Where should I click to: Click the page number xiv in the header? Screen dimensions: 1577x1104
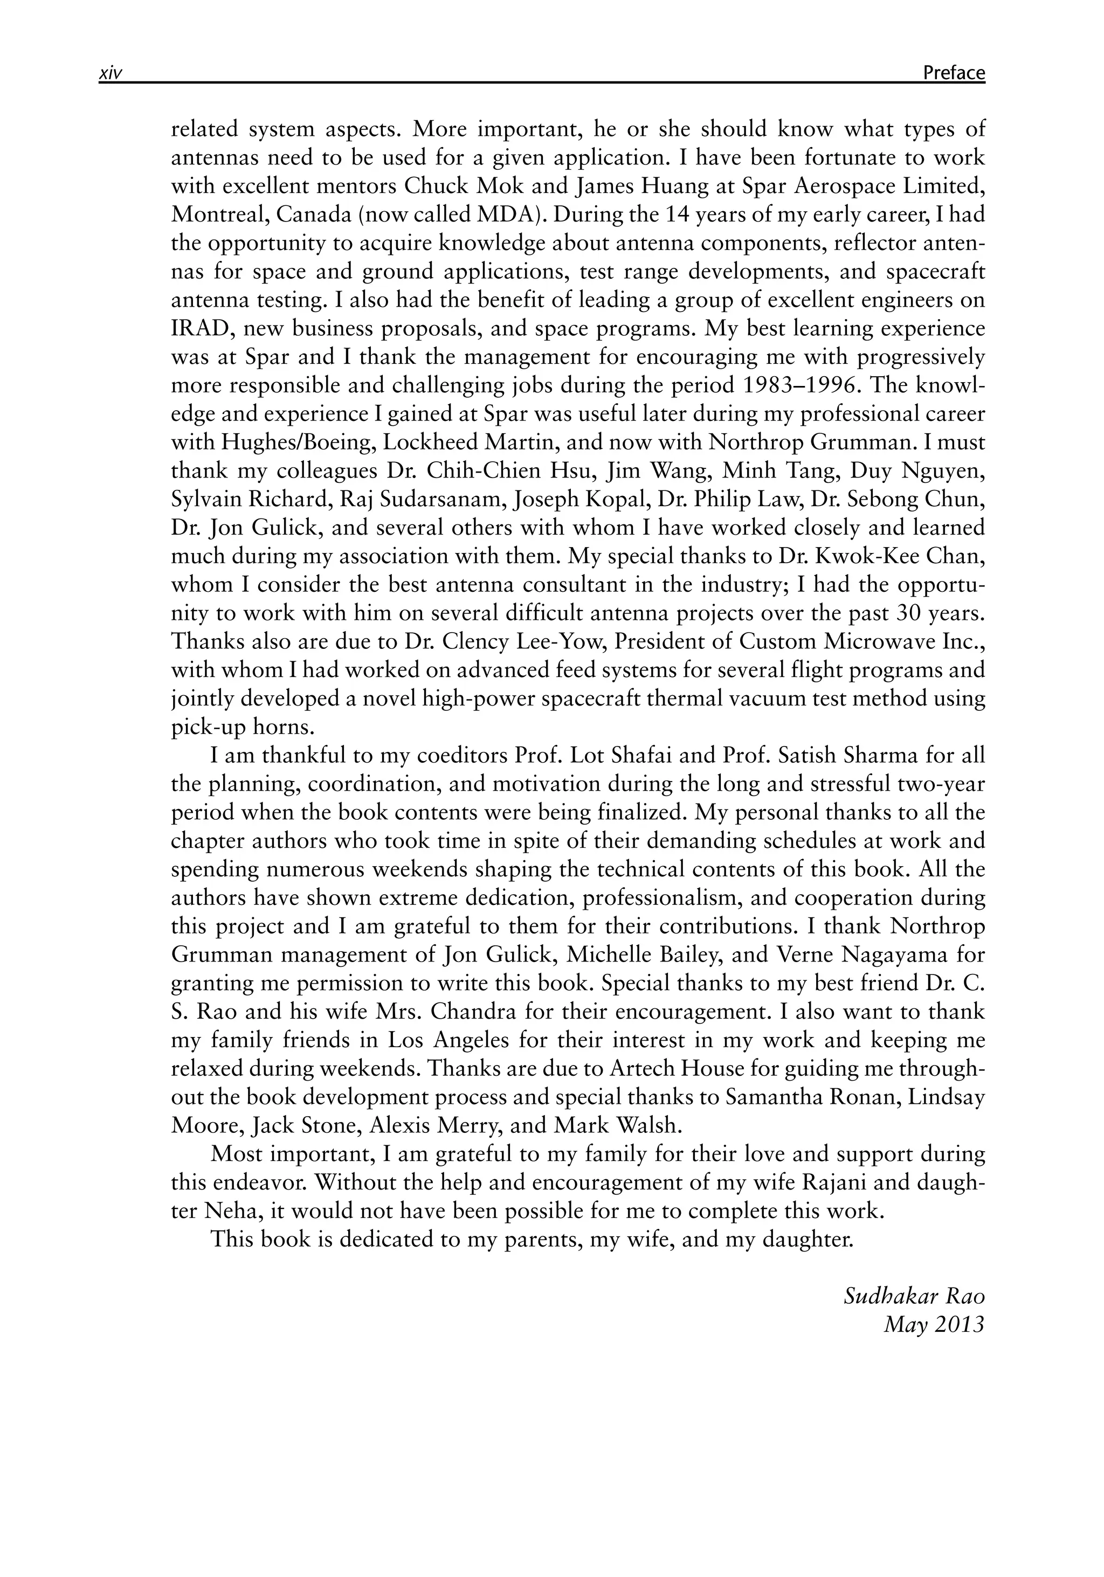110,73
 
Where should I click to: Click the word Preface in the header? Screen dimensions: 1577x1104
954,73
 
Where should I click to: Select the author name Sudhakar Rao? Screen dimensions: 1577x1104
914,1296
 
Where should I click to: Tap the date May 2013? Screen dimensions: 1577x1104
934,1324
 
